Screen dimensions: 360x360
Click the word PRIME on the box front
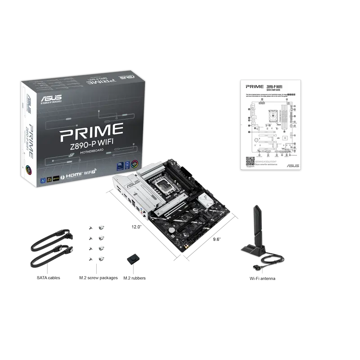pyautogui.click(x=91, y=130)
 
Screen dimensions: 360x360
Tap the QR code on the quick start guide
pyautogui.click(x=250, y=161)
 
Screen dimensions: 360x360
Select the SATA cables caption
pyautogui.click(x=48, y=278)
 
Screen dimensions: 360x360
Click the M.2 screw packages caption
pyautogui.click(x=98, y=278)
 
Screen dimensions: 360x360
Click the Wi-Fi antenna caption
pyautogui.click(x=263, y=279)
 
